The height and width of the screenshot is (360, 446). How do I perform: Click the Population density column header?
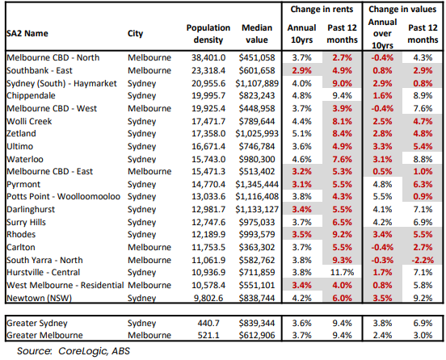click(208, 34)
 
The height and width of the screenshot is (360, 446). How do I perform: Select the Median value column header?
click(257, 34)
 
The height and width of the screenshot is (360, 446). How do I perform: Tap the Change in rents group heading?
click(322, 10)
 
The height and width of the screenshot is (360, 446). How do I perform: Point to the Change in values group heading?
click(402, 10)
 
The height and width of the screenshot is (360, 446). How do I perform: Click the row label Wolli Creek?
click(29, 121)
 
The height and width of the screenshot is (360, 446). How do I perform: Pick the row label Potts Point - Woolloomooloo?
click(64, 197)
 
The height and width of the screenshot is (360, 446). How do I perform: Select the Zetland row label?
click(21, 133)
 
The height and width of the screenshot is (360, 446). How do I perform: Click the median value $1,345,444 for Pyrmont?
click(257, 184)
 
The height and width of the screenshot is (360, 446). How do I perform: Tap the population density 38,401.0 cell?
click(208, 57)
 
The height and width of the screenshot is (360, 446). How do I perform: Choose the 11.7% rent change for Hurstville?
click(343, 272)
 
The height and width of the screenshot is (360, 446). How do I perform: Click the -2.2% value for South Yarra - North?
click(423, 260)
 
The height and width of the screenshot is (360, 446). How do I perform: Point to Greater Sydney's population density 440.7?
click(208, 323)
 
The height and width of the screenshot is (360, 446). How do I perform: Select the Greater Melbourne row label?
click(44, 335)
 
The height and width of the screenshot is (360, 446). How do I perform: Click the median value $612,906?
click(257, 335)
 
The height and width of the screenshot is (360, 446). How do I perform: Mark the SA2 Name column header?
click(27, 34)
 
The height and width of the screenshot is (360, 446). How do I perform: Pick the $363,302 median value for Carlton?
click(257, 247)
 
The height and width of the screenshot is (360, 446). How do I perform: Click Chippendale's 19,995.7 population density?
click(208, 96)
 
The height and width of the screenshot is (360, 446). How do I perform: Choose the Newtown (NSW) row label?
click(39, 298)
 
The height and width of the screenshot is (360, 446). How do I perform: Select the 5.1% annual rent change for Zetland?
click(302, 133)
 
